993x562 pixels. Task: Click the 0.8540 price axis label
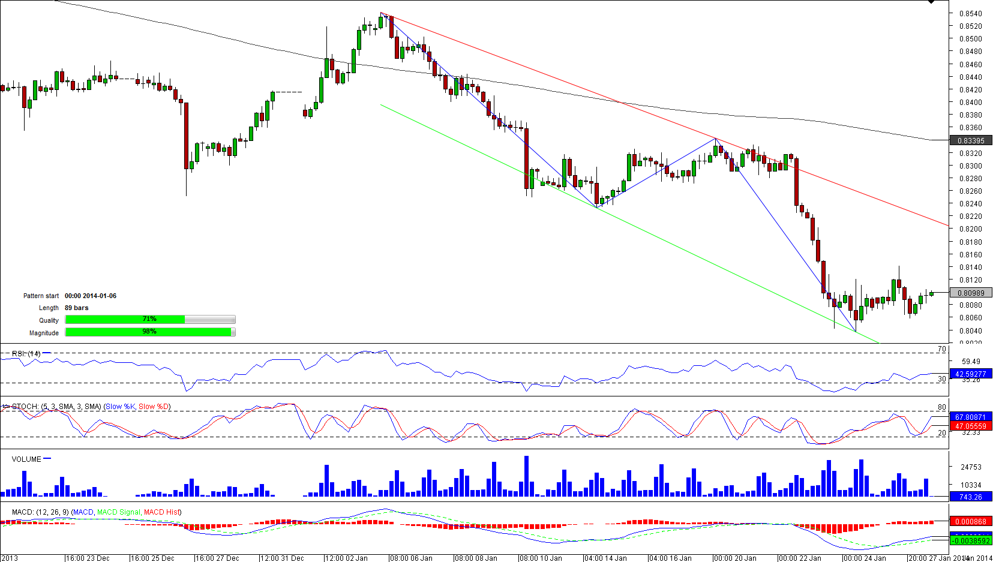(970, 13)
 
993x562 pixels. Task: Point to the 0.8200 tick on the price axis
(970, 229)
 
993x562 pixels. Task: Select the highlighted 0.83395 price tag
(970, 141)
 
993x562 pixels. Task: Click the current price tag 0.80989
(970, 293)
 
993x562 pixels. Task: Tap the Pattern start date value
(91, 296)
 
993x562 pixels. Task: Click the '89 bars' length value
(77, 308)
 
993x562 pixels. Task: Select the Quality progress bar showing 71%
(150, 320)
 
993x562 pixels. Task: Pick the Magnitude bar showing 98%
(150, 332)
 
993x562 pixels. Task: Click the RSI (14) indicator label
(26, 354)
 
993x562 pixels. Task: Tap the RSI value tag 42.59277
(970, 374)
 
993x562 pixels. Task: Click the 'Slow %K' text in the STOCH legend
(121, 407)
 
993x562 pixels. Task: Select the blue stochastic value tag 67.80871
(970, 417)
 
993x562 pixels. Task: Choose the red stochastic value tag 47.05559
(970, 426)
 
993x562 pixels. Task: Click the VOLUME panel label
(26, 459)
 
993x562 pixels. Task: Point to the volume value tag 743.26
(970, 497)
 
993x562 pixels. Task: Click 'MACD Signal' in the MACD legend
(118, 512)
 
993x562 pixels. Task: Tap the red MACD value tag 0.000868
(970, 522)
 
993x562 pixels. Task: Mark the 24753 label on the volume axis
(971, 467)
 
